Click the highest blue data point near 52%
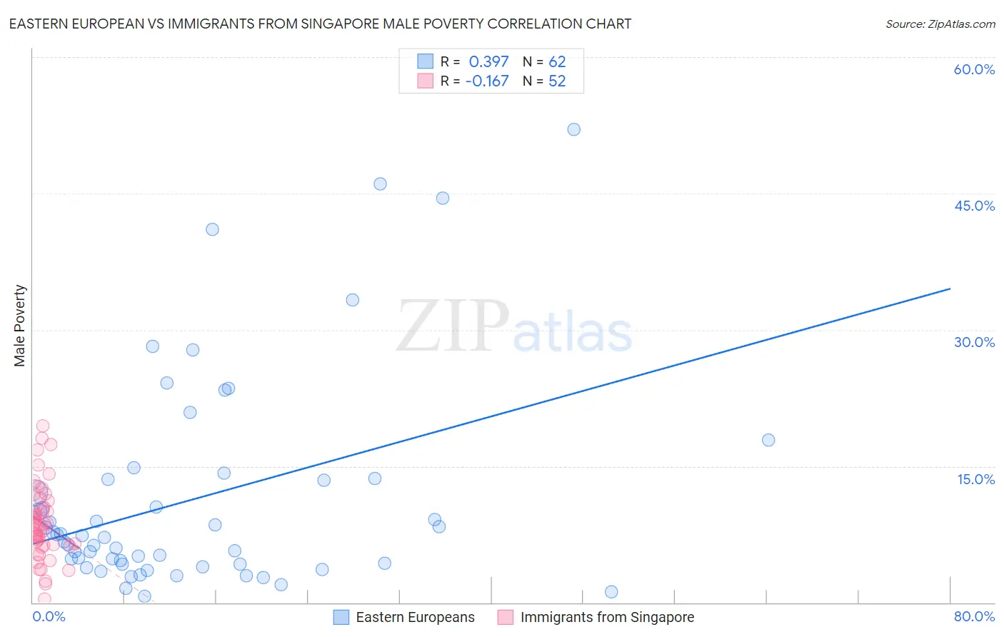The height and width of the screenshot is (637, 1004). [573, 129]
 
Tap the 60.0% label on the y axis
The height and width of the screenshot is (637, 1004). [974, 69]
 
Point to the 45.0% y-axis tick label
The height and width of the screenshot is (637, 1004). [974, 206]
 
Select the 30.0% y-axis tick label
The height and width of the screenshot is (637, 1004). [974, 342]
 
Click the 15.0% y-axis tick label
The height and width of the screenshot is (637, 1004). [975, 479]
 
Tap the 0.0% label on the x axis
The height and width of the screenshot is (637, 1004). [49, 616]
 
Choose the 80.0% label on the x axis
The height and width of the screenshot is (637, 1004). [974, 616]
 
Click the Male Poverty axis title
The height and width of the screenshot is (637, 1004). [20, 326]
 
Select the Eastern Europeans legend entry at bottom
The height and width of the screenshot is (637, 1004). [404, 617]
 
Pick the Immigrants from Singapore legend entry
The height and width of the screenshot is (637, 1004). [596, 617]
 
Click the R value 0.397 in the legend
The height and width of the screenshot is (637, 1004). [488, 61]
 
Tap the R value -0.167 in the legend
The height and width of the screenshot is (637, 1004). [487, 81]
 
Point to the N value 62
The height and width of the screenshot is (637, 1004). [557, 61]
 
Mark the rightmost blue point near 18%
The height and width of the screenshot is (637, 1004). [768, 440]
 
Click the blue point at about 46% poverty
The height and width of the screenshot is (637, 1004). [380, 184]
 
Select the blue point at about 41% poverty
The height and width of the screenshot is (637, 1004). [212, 229]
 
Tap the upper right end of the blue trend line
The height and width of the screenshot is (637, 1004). [950, 289]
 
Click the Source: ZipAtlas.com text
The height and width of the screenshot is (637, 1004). [940, 24]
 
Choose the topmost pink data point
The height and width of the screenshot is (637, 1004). [43, 426]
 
